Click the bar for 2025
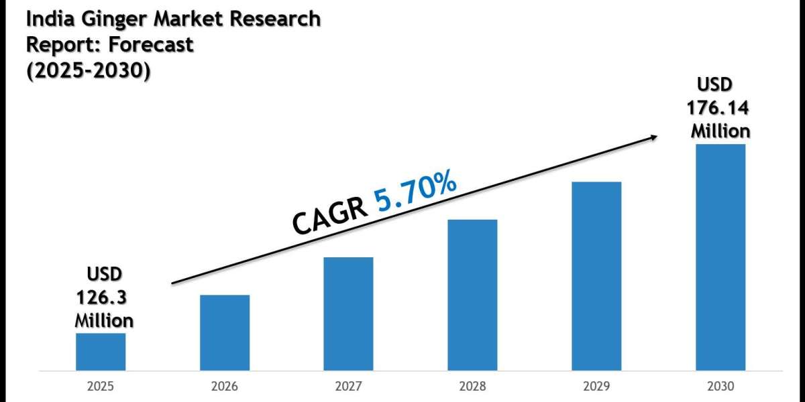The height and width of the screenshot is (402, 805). [101, 352]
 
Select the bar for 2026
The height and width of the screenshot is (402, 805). [225, 332]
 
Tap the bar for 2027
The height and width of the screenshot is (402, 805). [348, 314]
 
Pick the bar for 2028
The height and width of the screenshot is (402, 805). [472, 295]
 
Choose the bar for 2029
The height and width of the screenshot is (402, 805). [596, 276]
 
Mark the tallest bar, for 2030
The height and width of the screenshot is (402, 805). [720, 257]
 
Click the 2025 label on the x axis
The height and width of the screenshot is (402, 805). [101, 387]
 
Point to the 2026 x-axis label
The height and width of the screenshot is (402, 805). [225, 387]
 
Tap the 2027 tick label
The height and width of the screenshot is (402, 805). [348, 387]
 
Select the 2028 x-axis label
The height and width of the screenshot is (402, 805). [472, 387]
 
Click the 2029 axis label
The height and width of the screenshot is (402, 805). [596, 387]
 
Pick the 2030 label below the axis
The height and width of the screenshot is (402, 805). [720, 387]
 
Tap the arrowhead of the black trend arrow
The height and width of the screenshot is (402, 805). [653, 137]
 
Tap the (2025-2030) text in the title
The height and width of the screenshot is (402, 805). [87, 70]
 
